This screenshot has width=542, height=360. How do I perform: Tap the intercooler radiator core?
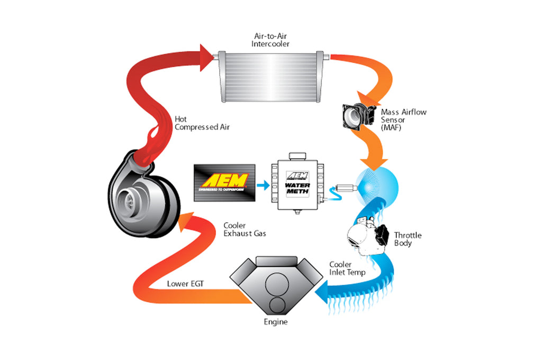pos(270,76)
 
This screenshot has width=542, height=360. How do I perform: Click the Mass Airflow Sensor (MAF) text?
pos(403,120)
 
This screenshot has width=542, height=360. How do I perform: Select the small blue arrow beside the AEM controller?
pos(261,185)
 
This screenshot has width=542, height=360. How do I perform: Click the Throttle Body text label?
pos(408,239)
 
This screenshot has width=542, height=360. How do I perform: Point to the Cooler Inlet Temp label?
pos(347,268)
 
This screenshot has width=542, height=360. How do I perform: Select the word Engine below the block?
pos(276,322)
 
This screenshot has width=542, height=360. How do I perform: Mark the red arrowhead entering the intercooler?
pos(207,55)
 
